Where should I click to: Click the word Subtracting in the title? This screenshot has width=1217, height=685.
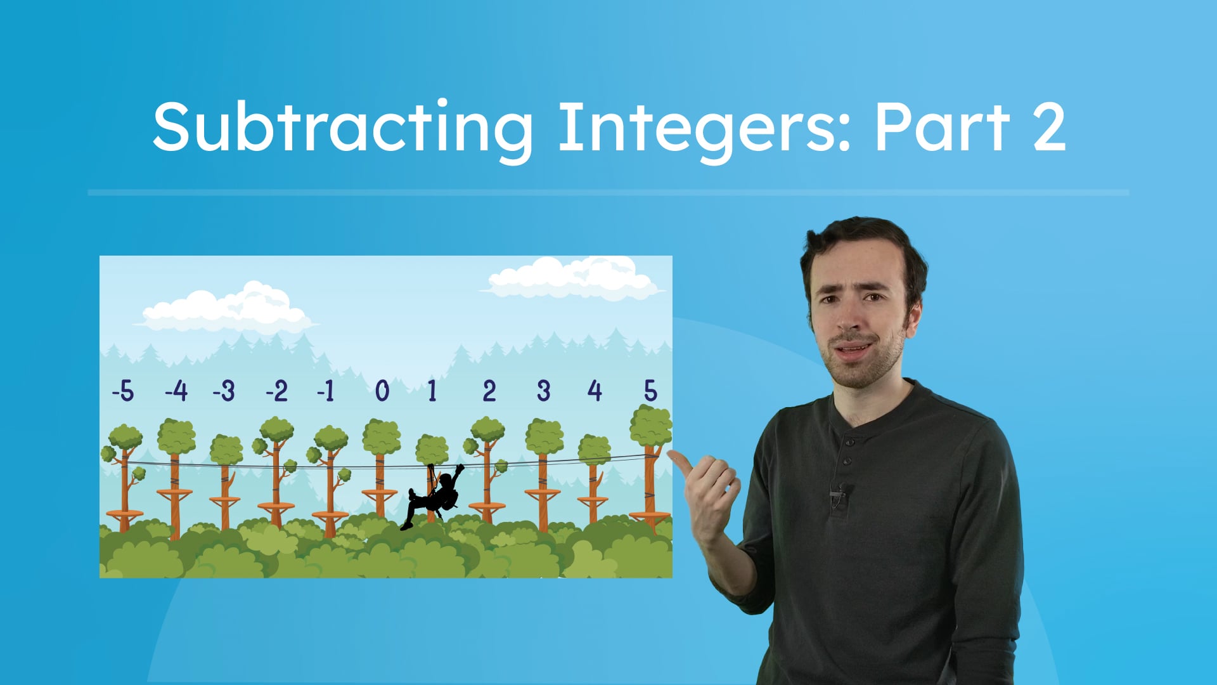[x=342, y=128]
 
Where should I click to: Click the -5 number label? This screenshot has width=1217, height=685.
[x=123, y=391]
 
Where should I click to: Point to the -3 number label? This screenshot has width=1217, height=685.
[x=224, y=391]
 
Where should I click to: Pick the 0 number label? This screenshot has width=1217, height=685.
[x=382, y=391]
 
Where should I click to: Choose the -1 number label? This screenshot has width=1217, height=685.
[x=326, y=391]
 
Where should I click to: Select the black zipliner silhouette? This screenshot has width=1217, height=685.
[x=434, y=497]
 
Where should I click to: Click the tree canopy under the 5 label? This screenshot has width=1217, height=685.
[x=650, y=426]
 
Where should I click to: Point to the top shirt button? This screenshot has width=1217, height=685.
[x=849, y=440]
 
